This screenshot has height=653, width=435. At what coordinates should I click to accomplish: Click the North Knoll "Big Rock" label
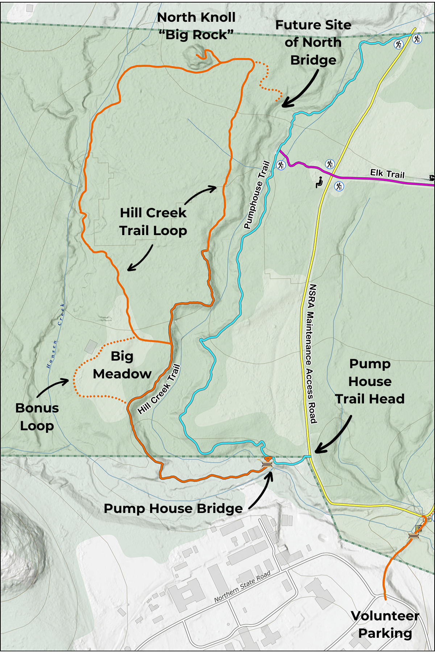(x=196, y=26)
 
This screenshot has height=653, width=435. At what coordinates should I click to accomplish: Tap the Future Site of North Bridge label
(x=313, y=42)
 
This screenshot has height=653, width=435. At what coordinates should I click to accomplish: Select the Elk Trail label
(x=387, y=174)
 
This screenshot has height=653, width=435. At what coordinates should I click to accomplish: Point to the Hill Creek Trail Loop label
(x=153, y=222)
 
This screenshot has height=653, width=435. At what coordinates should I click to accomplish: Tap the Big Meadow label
(x=122, y=365)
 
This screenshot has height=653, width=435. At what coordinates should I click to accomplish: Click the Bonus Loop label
(x=37, y=417)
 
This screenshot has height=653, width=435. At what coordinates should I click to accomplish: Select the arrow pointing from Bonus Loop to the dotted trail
(x=53, y=387)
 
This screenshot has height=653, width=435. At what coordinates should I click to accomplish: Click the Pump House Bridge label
(x=173, y=509)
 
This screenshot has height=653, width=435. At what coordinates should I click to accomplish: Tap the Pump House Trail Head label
(x=370, y=381)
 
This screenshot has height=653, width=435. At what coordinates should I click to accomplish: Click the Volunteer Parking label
(x=385, y=624)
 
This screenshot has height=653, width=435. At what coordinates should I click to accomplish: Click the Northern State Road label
(x=242, y=587)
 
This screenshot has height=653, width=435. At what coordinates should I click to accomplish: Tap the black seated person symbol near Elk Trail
(x=319, y=182)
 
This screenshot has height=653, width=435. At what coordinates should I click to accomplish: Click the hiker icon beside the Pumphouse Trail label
(x=281, y=165)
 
